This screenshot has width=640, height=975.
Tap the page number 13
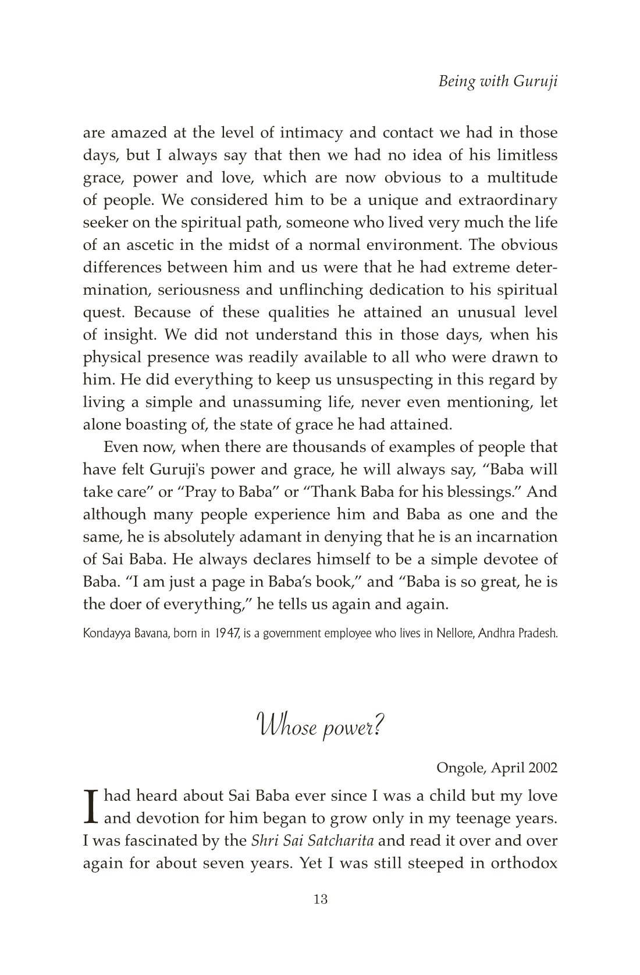click(320, 899)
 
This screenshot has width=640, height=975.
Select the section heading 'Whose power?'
click(319, 728)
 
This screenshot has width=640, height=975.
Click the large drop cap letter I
click(90, 807)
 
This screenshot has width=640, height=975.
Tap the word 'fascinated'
click(147, 841)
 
